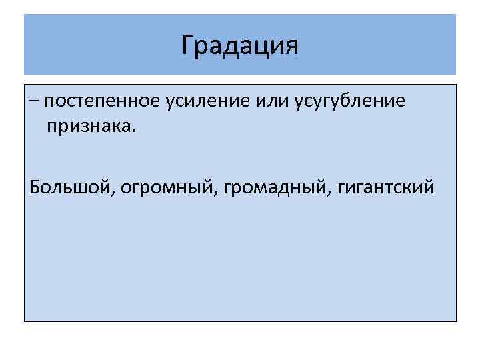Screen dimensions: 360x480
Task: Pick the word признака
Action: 88,126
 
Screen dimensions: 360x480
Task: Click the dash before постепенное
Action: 34,102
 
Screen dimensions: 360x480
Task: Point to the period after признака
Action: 134,131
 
